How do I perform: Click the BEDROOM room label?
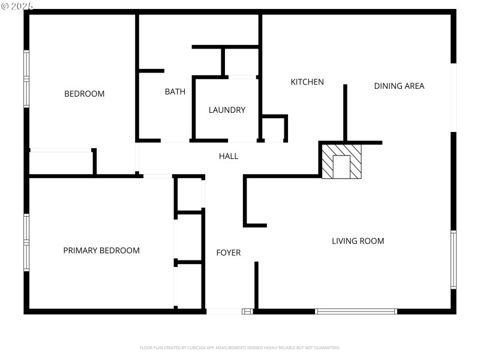(84, 94)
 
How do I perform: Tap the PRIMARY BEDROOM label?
(101, 251)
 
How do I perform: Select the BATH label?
(175, 92)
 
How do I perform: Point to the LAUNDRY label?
(227, 110)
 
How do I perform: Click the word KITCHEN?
(307, 82)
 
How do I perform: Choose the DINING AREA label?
(399, 86)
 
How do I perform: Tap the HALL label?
(229, 156)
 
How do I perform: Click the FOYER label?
(229, 253)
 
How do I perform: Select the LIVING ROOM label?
(358, 241)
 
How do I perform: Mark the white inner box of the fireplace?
(342, 166)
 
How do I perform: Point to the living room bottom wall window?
(356, 311)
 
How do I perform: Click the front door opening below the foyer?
(224, 311)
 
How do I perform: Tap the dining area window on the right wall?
(454, 97)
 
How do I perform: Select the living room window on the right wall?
(454, 260)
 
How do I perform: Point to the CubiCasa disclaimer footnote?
(240, 347)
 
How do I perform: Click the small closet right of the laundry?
(274, 129)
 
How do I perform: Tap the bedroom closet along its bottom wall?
(61, 162)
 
